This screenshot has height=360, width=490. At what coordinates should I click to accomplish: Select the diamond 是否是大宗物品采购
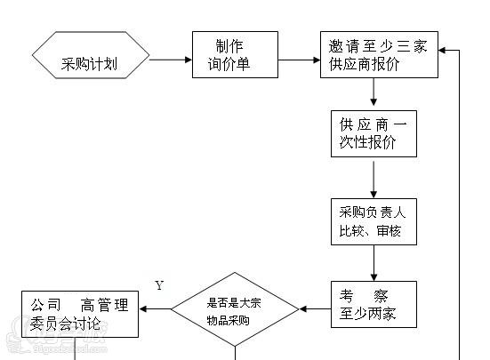click(x=235, y=311)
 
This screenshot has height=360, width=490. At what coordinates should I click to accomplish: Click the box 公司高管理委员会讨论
click(x=80, y=313)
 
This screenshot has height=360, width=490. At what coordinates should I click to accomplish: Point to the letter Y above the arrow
click(x=159, y=285)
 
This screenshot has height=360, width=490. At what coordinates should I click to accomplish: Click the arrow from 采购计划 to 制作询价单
click(x=170, y=60)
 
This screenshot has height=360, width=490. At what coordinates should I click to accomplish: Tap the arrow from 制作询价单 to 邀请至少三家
click(x=299, y=60)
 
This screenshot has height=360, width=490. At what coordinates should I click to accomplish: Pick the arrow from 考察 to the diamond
click(x=314, y=309)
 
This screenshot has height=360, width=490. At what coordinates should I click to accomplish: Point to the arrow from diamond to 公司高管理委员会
click(x=155, y=309)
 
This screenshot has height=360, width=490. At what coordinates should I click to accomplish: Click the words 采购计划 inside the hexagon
click(x=90, y=63)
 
